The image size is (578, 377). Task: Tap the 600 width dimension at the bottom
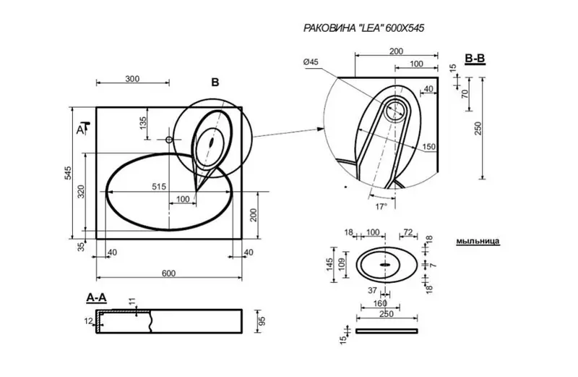click(168, 274)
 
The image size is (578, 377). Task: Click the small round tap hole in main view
click(170, 139)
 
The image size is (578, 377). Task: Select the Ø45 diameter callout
click(311, 63)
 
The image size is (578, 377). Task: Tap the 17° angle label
click(381, 206)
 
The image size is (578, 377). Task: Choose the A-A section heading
click(97, 298)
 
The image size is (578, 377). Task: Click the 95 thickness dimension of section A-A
click(262, 319)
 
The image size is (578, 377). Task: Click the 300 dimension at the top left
click(132, 80)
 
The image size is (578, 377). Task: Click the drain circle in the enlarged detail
click(394, 111)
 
